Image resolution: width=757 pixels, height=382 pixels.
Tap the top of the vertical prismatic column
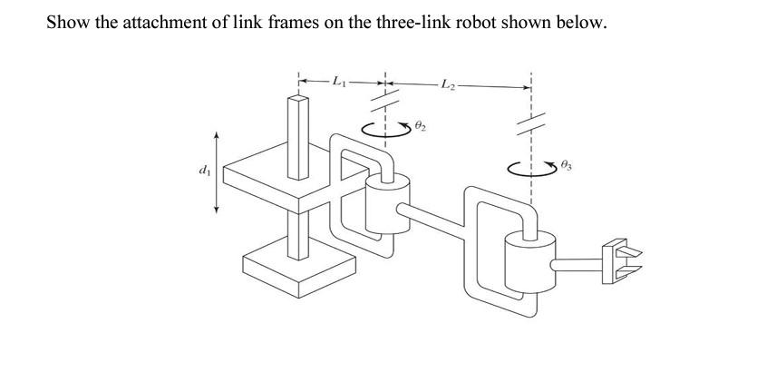click(298, 98)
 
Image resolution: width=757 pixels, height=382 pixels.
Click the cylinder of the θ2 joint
click(386, 201)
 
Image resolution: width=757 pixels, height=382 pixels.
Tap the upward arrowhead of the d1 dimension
click(216, 133)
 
